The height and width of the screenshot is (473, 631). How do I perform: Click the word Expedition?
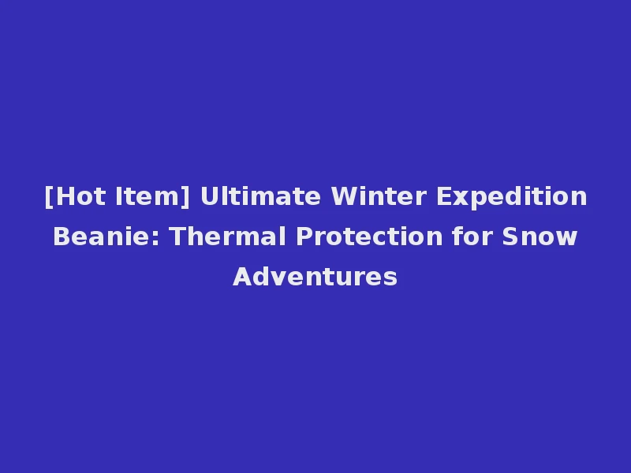click(x=513, y=196)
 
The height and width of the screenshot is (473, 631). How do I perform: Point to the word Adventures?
click(x=315, y=277)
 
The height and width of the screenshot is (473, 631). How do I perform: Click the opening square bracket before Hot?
click(x=48, y=197)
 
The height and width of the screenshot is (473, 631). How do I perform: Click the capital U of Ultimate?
click(x=209, y=196)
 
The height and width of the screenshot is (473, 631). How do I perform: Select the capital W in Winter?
click(x=334, y=196)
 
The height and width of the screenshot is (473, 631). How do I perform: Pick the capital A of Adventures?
click(x=241, y=277)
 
